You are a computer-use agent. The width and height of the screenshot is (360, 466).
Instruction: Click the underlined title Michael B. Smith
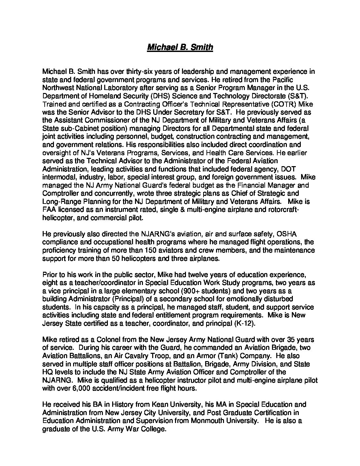click(x=180, y=47)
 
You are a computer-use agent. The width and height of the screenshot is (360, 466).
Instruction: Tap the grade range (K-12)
click(x=245, y=323)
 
